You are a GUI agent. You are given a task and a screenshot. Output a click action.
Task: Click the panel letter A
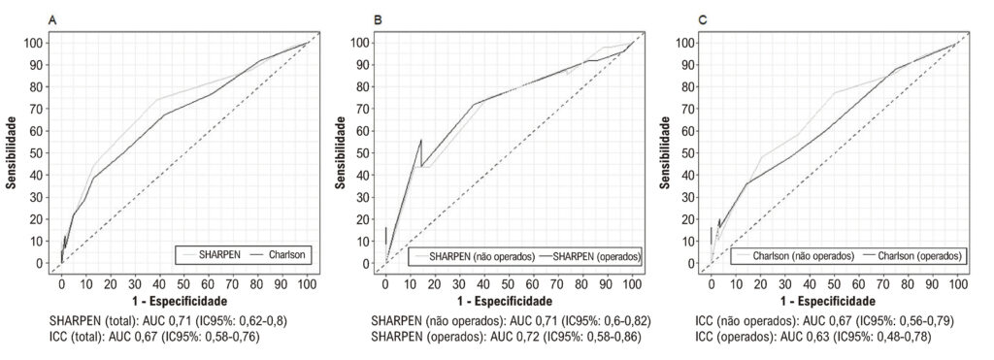pos(52,21)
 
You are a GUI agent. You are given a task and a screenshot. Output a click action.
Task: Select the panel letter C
pos(703,21)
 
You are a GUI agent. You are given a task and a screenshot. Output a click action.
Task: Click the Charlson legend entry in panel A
pos(279,255)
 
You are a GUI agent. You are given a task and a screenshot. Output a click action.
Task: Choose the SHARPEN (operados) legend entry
pos(588,256)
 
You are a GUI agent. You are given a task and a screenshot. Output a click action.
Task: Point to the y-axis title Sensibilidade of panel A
pos(12,152)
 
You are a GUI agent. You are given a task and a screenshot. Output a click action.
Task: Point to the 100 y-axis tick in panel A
pos(35,43)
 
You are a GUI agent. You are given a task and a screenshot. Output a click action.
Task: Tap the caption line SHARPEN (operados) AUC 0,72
pos(508,337)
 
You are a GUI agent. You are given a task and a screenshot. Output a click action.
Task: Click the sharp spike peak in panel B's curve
pos(421,140)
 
